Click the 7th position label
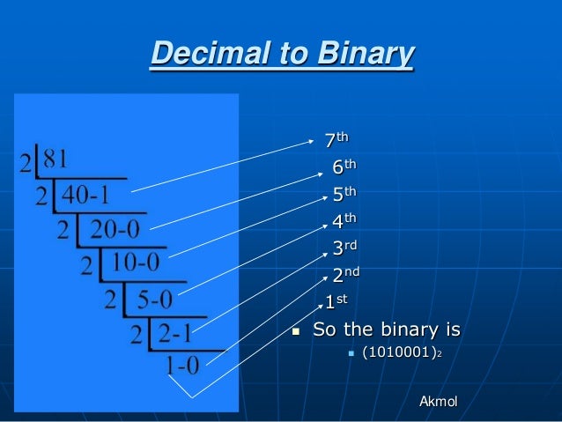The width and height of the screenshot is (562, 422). point(336,139)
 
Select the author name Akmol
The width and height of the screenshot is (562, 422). point(439,403)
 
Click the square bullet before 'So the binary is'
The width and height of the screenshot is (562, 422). point(296,332)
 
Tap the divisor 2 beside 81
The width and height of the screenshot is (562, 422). point(27,163)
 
